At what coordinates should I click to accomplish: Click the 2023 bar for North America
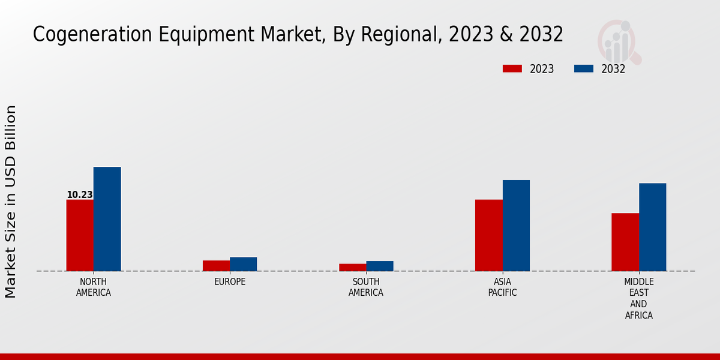click(x=80, y=235)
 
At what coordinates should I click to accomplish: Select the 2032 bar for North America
click(x=107, y=219)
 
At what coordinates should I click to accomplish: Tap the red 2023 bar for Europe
click(x=216, y=266)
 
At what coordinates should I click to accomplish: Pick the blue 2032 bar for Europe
click(x=244, y=264)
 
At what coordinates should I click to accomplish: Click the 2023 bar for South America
click(x=352, y=268)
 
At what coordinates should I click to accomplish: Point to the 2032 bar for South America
click(x=380, y=266)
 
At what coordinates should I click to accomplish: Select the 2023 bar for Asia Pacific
click(x=489, y=235)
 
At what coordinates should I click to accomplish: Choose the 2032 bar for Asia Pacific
click(x=516, y=226)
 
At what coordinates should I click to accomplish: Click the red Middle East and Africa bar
click(x=625, y=242)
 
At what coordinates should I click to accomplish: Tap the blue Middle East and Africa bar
click(x=653, y=227)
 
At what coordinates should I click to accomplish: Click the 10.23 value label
click(x=79, y=195)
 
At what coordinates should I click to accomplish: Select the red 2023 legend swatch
click(x=512, y=69)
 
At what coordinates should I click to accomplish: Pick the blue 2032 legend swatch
click(x=583, y=69)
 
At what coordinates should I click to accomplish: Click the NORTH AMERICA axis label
click(x=94, y=287)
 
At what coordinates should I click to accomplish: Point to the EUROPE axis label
click(x=230, y=282)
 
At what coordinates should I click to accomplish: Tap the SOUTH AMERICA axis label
click(x=366, y=287)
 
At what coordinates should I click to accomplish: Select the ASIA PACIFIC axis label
click(x=502, y=287)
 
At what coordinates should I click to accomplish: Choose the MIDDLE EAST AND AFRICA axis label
click(x=639, y=298)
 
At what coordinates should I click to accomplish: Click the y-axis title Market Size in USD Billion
click(x=11, y=202)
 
